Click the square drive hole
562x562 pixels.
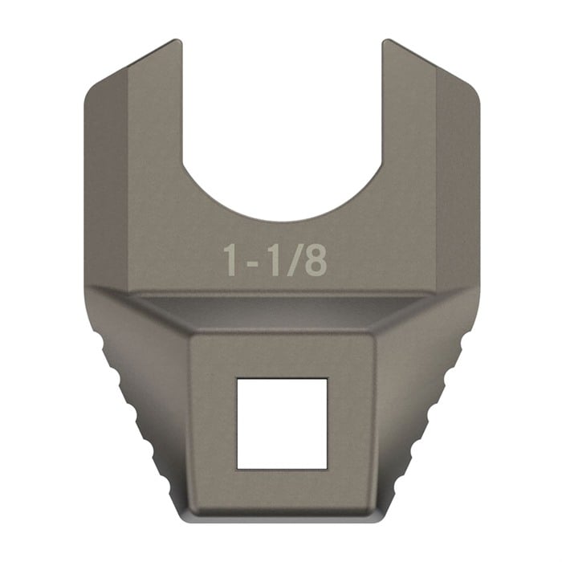(281, 423)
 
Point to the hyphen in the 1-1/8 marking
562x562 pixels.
(251, 263)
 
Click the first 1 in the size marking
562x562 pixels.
(231, 261)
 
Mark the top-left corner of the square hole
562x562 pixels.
(237, 379)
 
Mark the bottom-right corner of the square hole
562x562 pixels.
(326, 467)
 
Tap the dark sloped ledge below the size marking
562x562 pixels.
(281, 310)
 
